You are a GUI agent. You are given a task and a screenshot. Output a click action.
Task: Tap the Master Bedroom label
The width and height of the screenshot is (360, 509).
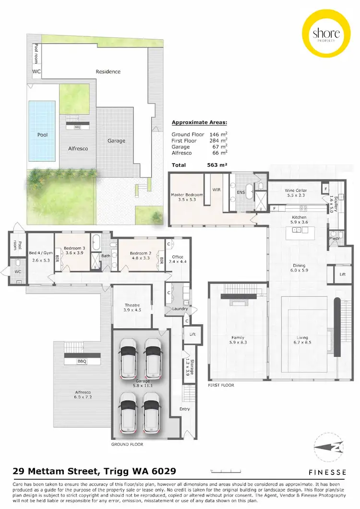click(187, 195)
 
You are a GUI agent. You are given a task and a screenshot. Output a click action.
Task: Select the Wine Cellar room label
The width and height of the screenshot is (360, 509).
click(296, 190)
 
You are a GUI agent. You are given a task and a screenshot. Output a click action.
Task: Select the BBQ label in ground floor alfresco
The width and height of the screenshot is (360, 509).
click(81, 361)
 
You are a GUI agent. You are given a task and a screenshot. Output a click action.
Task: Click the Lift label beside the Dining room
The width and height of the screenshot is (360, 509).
click(343, 274)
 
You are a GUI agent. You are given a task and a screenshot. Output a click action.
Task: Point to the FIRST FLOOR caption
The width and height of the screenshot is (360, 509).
click(221, 385)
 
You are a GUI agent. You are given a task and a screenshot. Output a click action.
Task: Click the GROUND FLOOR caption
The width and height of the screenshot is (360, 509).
click(127, 444)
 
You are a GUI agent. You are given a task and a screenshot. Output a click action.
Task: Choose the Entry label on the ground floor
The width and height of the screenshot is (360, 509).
click(185, 409)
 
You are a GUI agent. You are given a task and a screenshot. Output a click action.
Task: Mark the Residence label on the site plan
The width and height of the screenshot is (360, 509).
click(108, 71)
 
